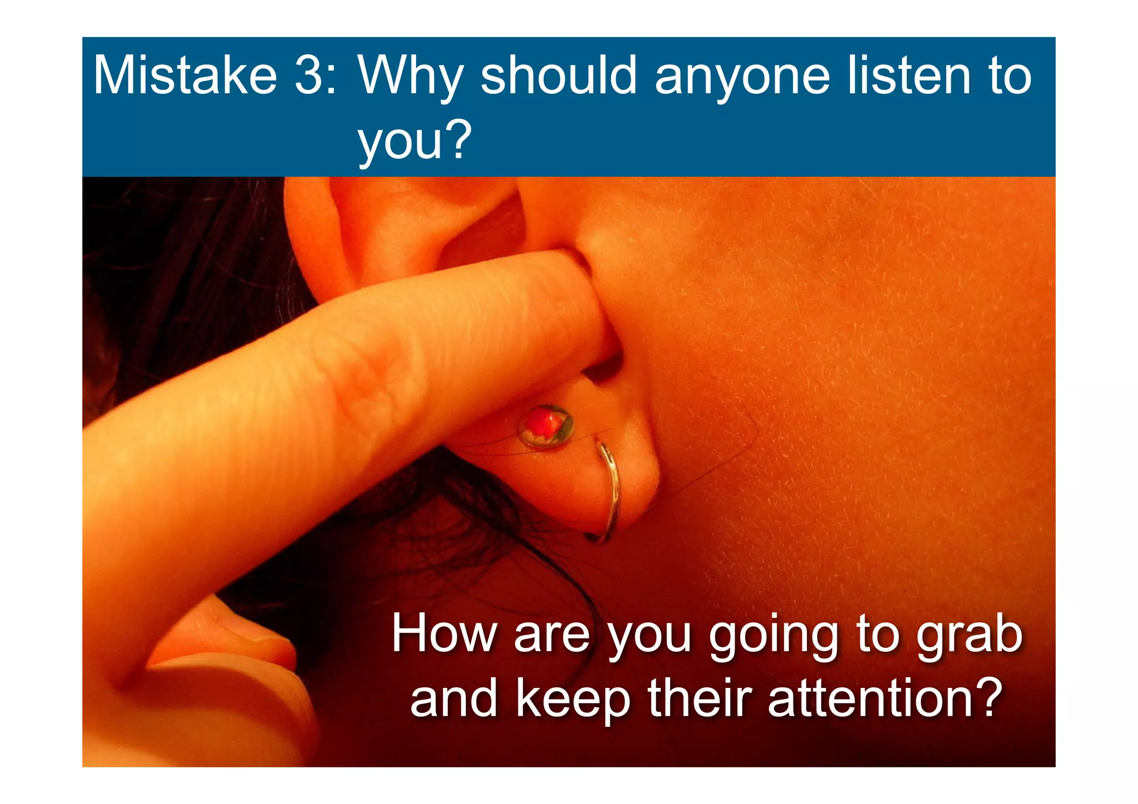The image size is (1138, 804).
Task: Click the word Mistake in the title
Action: click(185, 76)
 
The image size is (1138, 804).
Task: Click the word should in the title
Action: click(558, 76)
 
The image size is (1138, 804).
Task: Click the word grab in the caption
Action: click(969, 635)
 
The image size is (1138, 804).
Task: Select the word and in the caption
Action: click(453, 699)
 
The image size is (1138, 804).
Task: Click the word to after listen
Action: click(1009, 77)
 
